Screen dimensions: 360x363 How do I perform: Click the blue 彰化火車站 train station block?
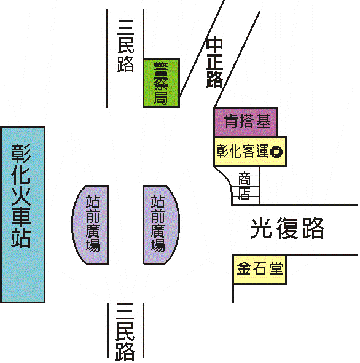click(23, 214)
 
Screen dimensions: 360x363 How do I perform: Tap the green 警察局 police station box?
click(162, 83)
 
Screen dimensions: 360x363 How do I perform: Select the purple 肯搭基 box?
click(245, 122)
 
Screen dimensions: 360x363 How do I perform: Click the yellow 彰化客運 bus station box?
click(250, 152)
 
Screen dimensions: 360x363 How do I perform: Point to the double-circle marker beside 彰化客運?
click(276, 152)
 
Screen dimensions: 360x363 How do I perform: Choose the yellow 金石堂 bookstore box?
click(260, 269)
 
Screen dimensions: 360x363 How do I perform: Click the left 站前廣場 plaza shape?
click(90, 225)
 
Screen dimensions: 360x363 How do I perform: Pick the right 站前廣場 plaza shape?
click(161, 225)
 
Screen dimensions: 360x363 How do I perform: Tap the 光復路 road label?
click(287, 228)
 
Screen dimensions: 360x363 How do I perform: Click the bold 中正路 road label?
click(214, 63)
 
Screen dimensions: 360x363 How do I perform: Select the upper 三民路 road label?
click(125, 46)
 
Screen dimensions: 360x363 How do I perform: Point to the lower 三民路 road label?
click(125, 332)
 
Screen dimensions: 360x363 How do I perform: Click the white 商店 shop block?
click(245, 186)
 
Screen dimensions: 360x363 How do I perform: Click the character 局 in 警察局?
click(161, 97)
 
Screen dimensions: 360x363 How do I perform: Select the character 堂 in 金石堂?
click(276, 268)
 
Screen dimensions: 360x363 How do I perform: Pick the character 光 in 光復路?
click(261, 228)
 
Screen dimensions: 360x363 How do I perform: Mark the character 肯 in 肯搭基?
click(232, 122)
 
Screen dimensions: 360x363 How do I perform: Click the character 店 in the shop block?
click(245, 193)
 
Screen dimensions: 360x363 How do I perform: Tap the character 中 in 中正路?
click(214, 44)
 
